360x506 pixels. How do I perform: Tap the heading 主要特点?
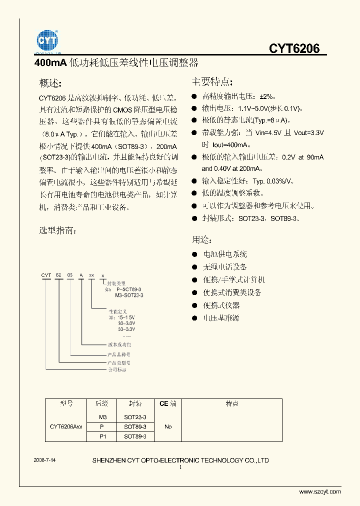pos(212,81)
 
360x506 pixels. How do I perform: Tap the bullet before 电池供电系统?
pos(194,254)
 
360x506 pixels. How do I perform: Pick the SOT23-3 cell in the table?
pos(135,416)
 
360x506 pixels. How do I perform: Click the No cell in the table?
pos(168,426)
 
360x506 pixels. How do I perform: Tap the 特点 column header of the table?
pos(231,404)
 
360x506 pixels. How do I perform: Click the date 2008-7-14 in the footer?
pos(44,459)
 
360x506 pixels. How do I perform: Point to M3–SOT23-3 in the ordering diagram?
pos(129,295)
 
